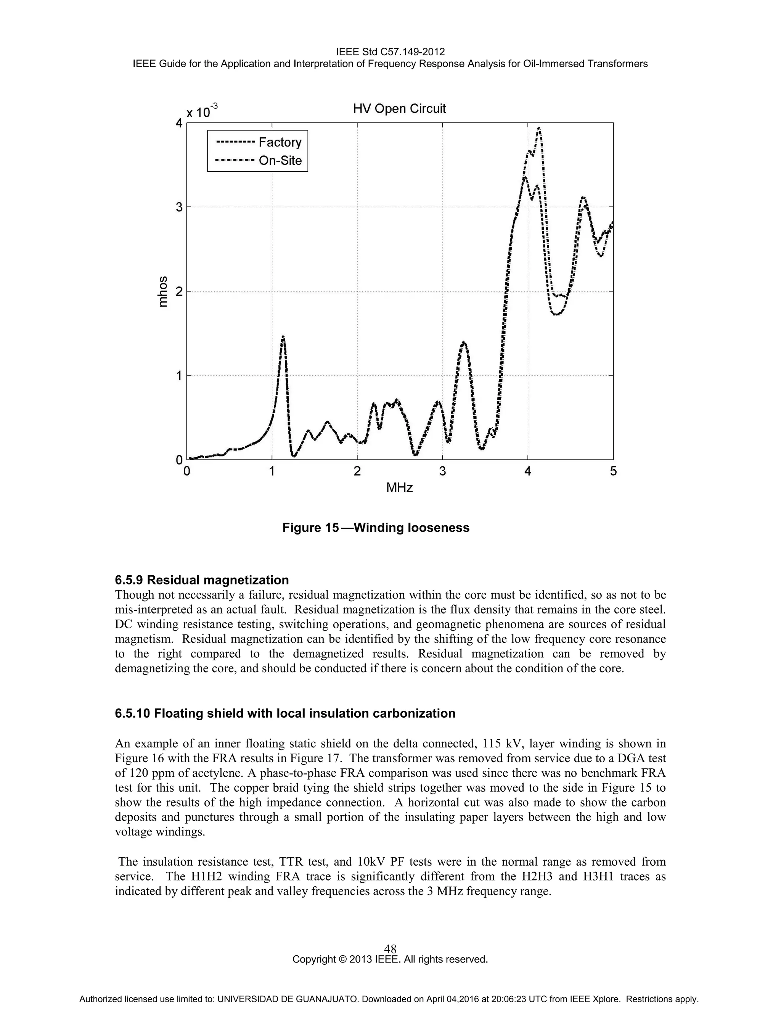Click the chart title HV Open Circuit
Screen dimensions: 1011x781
pos(399,109)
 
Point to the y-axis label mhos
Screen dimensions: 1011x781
pos(162,291)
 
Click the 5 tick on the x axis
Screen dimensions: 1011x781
pos(613,472)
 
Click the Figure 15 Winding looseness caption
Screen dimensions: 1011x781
pos(376,528)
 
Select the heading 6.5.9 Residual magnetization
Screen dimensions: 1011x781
pos(202,580)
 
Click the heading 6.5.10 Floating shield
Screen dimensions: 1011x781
pos(285,713)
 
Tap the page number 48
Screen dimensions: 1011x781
pos(390,949)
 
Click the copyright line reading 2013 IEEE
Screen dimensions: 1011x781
pos(390,959)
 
